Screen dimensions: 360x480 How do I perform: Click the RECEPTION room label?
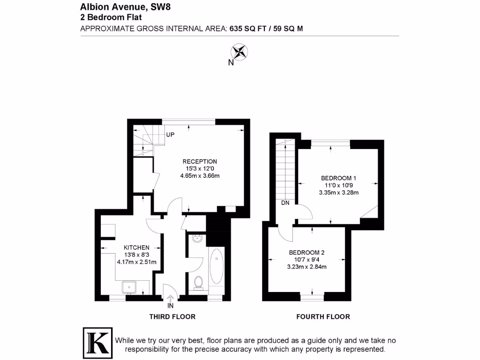coord(200,162)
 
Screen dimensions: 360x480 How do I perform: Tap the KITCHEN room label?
coord(136,247)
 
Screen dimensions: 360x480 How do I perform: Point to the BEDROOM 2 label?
coord(307,253)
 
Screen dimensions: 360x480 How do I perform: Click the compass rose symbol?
coord(240,52)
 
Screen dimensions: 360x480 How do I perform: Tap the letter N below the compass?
coord(231,63)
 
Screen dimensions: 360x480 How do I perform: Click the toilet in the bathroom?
coord(198,283)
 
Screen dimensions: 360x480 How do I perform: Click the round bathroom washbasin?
coord(197,239)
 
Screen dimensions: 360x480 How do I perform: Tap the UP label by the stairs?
coord(170,135)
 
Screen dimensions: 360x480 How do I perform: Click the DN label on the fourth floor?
coord(285,203)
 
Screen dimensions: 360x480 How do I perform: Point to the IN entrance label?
coord(170,306)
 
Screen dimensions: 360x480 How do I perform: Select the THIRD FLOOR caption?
coord(172,317)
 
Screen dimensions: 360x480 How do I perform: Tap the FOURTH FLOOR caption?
coord(323,317)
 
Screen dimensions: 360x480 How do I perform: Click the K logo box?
coord(97,342)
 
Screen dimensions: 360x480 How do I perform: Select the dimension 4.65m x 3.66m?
coord(200,176)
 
